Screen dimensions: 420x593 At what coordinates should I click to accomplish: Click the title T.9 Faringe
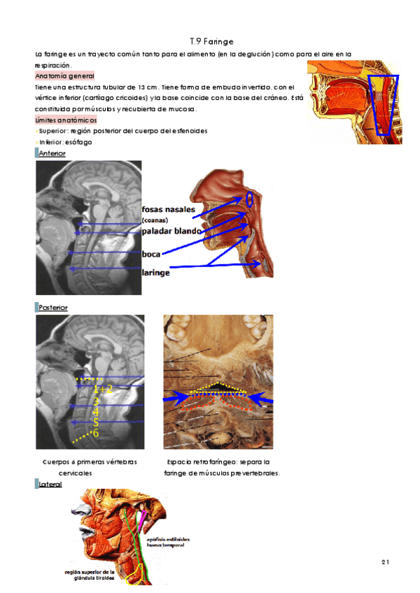pos(211,42)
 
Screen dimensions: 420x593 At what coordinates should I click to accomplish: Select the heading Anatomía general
pos(65,76)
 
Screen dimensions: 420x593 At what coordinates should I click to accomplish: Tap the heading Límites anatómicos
pos(66,120)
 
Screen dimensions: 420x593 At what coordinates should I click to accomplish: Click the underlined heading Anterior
pos(52,153)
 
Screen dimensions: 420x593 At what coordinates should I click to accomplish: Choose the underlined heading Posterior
pos(54,307)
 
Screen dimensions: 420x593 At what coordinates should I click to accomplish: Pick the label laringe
pos(156,273)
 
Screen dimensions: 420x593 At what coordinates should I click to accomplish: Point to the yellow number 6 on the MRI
pos(95,434)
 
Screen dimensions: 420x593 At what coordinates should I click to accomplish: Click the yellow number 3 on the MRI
pos(95,401)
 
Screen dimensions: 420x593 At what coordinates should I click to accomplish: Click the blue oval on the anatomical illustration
pos(251,200)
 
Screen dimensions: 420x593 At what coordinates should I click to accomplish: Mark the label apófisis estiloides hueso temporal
pos(166,541)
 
